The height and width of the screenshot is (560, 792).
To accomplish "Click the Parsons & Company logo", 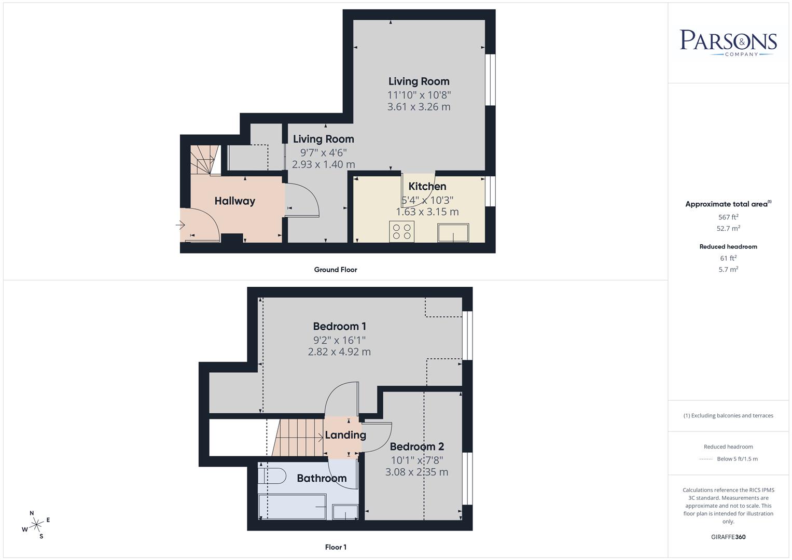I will pyautogui.click(x=728, y=43).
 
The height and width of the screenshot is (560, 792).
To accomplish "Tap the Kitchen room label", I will pyautogui.click(x=427, y=187).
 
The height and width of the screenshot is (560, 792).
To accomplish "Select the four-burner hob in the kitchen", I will pyautogui.click(x=401, y=231).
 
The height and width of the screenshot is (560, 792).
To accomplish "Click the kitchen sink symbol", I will pyautogui.click(x=453, y=233).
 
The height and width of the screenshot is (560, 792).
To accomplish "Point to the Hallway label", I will pyautogui.click(x=235, y=201).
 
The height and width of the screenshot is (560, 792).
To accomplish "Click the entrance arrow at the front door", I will pyautogui.click(x=180, y=225).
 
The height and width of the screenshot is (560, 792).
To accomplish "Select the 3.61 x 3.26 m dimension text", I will pyautogui.click(x=419, y=107).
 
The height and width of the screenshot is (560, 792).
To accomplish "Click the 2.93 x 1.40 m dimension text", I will pyautogui.click(x=323, y=164).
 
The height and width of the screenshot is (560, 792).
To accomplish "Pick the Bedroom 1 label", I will pyautogui.click(x=339, y=327).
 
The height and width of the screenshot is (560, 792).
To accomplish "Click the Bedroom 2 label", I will pyautogui.click(x=416, y=446).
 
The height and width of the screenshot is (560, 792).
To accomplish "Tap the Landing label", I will pyautogui.click(x=345, y=435).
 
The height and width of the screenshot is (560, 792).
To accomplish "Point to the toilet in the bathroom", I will pyautogui.click(x=273, y=475).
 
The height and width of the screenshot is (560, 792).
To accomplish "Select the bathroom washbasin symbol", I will pyautogui.click(x=345, y=511).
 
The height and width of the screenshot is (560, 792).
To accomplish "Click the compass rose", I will pyautogui.click(x=36, y=525).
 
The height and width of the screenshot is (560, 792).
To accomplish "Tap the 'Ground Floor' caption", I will pyautogui.click(x=336, y=270).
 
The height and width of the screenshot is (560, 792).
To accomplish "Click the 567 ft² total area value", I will pyautogui.click(x=728, y=217).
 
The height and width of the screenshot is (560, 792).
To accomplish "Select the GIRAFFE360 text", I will pyautogui.click(x=728, y=537).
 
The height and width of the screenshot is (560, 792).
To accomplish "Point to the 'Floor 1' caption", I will pyautogui.click(x=336, y=547).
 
